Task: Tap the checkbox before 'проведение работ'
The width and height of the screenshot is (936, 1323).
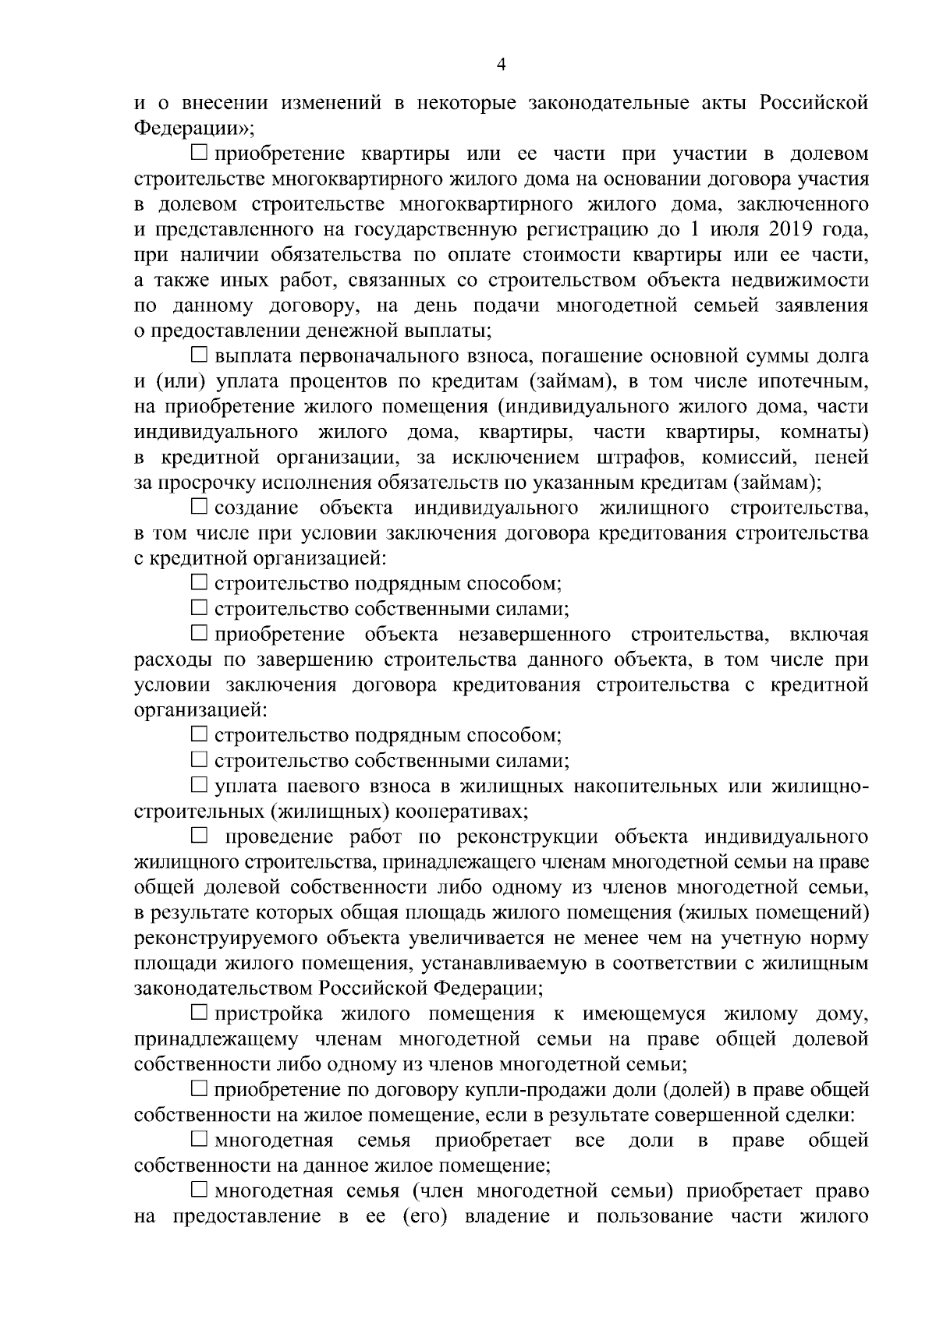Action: tap(200, 837)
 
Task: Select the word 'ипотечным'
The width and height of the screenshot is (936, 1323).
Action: tap(816, 382)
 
